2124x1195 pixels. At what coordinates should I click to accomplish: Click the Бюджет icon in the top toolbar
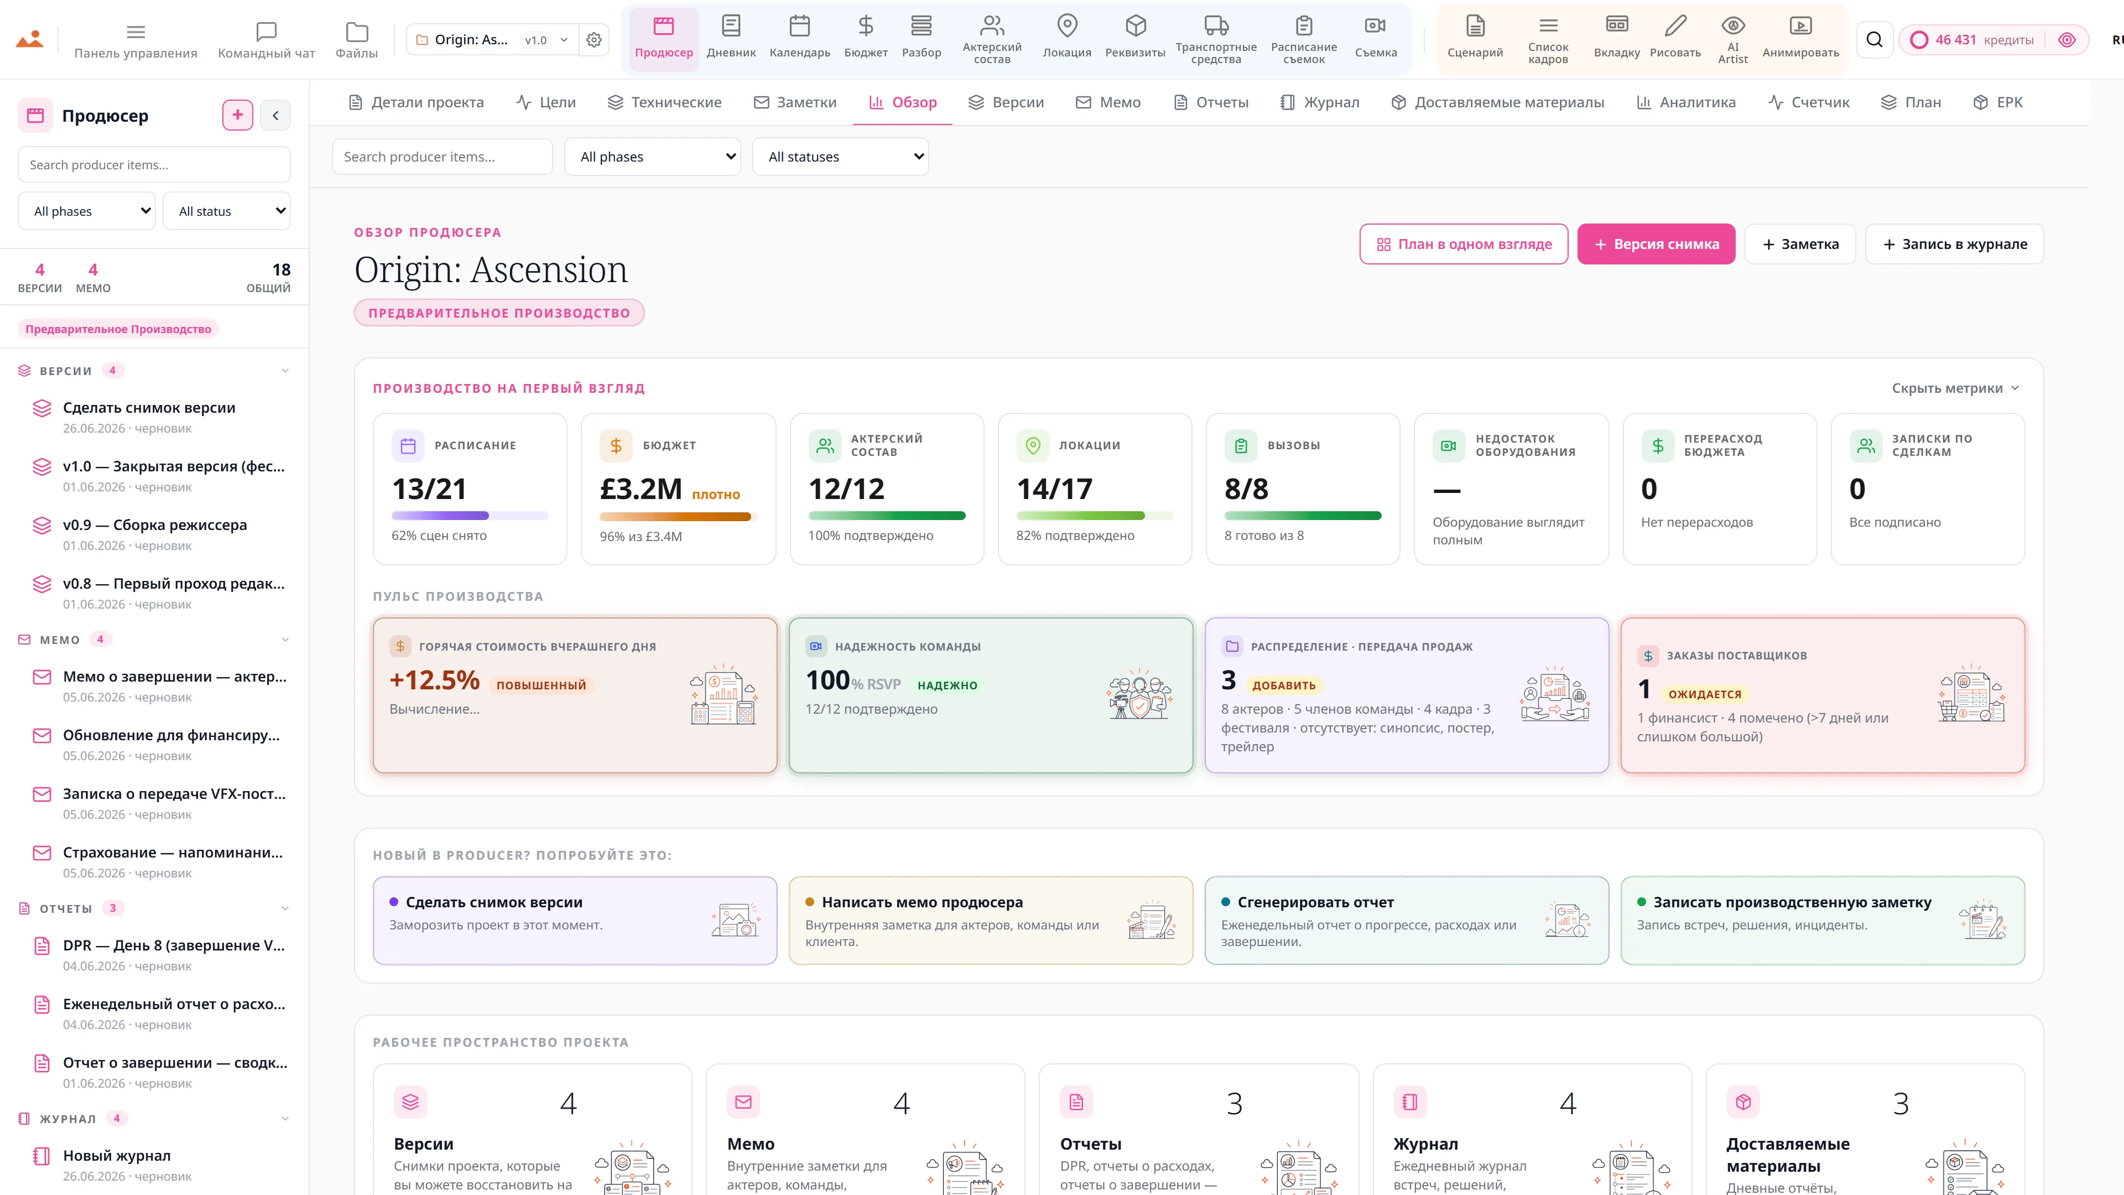pyautogui.click(x=865, y=27)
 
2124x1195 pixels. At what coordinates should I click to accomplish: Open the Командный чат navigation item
pyautogui.click(x=266, y=40)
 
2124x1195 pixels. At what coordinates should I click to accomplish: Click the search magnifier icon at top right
pyautogui.click(x=1874, y=40)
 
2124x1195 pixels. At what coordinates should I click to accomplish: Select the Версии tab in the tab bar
pyautogui.click(x=1006, y=102)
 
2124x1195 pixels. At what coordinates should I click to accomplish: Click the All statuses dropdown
pyautogui.click(x=840, y=157)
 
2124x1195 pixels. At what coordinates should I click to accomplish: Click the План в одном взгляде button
pyautogui.click(x=1464, y=244)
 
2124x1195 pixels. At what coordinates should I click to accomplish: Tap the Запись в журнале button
pyautogui.click(x=1954, y=244)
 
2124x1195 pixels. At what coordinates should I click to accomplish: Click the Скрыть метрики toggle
pyautogui.click(x=1955, y=388)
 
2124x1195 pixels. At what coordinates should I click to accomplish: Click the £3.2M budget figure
pyautogui.click(x=641, y=489)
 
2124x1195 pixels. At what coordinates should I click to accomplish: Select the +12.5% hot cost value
pyautogui.click(x=435, y=680)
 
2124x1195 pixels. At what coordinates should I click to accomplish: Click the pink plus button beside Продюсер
pyautogui.click(x=237, y=116)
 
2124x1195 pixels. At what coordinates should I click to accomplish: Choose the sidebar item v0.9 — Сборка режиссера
pyautogui.click(x=155, y=526)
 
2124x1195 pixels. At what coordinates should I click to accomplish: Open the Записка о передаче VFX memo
pyautogui.click(x=175, y=794)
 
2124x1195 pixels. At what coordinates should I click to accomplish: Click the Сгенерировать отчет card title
pyautogui.click(x=1315, y=902)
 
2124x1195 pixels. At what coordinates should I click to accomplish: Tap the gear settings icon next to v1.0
pyautogui.click(x=594, y=40)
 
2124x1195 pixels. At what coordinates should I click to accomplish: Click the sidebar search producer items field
pyautogui.click(x=154, y=165)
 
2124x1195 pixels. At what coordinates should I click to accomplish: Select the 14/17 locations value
pyautogui.click(x=1055, y=489)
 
